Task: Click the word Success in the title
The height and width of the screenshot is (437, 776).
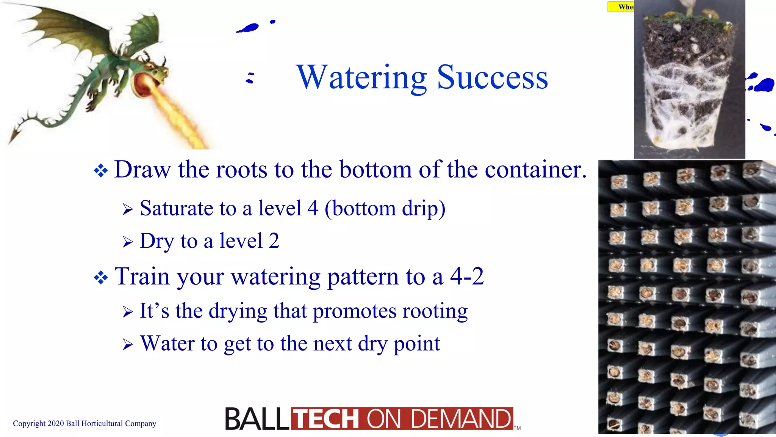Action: (x=492, y=77)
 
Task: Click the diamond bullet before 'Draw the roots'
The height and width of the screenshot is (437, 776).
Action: (x=101, y=170)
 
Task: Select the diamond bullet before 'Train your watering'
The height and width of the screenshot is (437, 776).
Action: (x=101, y=278)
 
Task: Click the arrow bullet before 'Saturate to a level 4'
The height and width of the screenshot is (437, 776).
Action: (x=128, y=209)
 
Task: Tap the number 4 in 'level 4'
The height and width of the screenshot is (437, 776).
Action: (x=313, y=208)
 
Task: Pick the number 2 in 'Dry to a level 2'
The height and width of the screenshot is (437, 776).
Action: (x=274, y=241)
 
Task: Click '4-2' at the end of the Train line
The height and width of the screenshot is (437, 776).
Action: (x=466, y=276)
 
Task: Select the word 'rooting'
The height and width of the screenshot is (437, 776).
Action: (x=435, y=311)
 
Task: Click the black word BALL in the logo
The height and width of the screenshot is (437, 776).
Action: (x=257, y=419)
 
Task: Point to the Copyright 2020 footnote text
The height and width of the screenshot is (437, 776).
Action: (x=84, y=423)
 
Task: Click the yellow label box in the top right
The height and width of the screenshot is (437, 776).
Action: (x=621, y=7)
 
